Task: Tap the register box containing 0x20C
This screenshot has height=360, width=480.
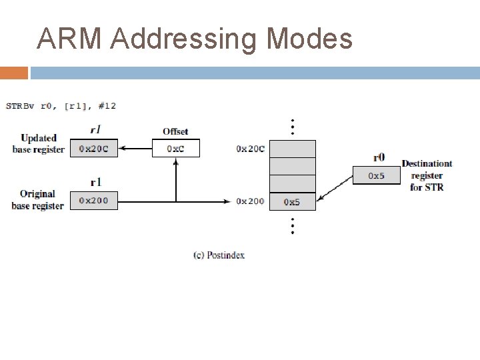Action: (94, 149)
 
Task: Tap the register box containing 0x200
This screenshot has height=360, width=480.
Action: (94, 200)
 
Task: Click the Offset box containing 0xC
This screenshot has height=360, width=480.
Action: (175, 149)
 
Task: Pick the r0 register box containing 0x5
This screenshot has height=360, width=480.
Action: (377, 176)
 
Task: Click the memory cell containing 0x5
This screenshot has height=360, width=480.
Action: (293, 201)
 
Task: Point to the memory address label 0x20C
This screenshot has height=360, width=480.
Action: (250, 149)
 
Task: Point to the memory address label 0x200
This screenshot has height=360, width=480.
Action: (250, 201)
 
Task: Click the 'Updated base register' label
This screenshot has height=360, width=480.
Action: (38, 144)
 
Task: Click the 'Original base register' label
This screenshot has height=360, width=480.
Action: (37, 200)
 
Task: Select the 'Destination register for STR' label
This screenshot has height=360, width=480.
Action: (427, 175)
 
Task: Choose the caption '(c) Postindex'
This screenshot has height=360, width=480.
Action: (219, 255)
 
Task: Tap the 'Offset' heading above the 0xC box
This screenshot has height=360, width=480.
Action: (175, 131)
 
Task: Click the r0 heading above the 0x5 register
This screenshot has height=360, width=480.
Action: (378, 158)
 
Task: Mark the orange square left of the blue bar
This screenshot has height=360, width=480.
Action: (14, 73)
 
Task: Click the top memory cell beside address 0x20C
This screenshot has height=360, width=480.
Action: (293, 149)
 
